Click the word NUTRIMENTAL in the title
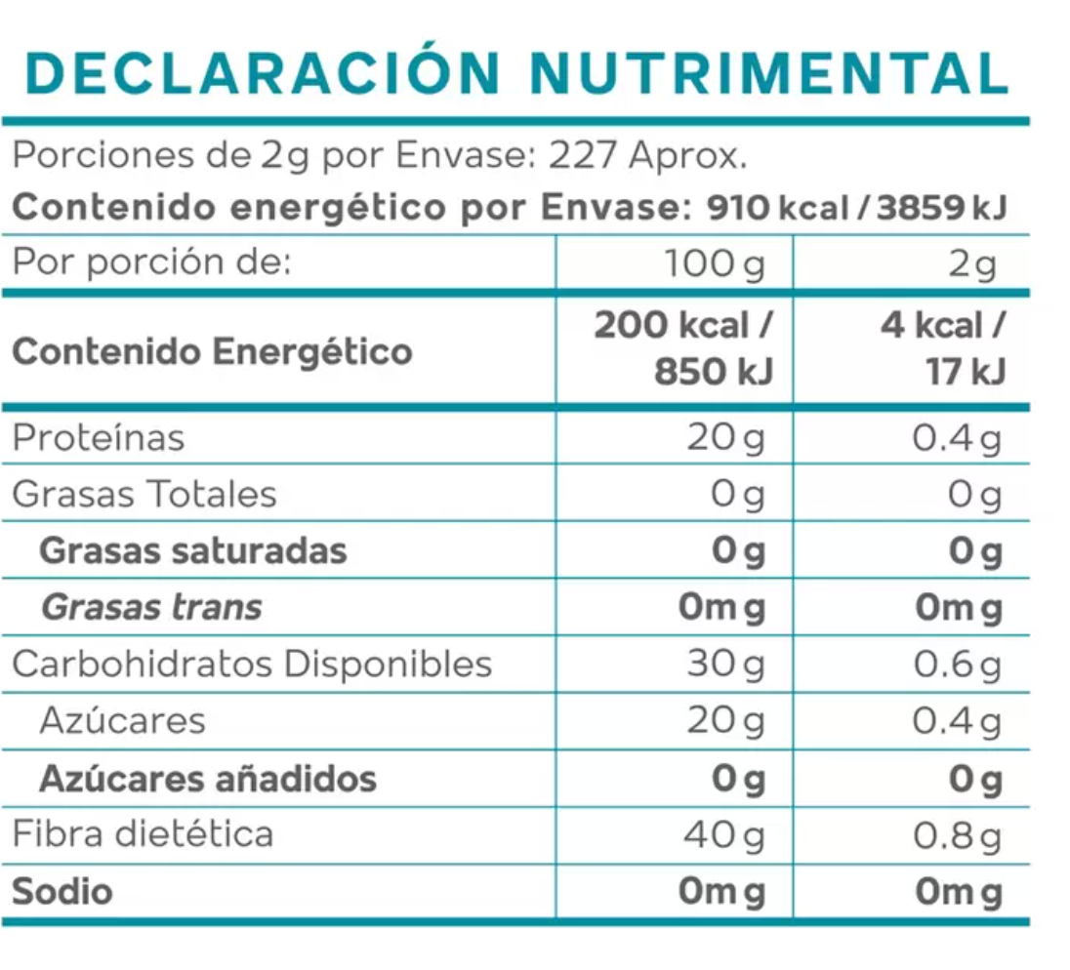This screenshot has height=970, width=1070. (774, 72)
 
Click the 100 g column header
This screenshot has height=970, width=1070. (714, 263)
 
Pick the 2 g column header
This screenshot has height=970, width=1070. (970, 263)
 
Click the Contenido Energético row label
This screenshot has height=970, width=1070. (212, 350)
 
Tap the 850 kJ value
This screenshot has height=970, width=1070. (713, 372)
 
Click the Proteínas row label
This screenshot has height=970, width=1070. (98, 437)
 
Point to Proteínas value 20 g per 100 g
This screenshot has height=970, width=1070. (724, 438)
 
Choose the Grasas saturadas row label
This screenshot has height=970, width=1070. (192, 550)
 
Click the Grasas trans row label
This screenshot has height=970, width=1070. (151, 607)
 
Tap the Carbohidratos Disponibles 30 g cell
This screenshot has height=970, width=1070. (724, 664)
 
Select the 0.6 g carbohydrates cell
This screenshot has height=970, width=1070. (957, 664)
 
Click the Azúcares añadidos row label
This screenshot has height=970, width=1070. (207, 778)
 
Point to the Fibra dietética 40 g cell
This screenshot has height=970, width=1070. (724, 834)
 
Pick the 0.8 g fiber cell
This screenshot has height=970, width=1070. (957, 834)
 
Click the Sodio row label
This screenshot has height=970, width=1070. (62, 891)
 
